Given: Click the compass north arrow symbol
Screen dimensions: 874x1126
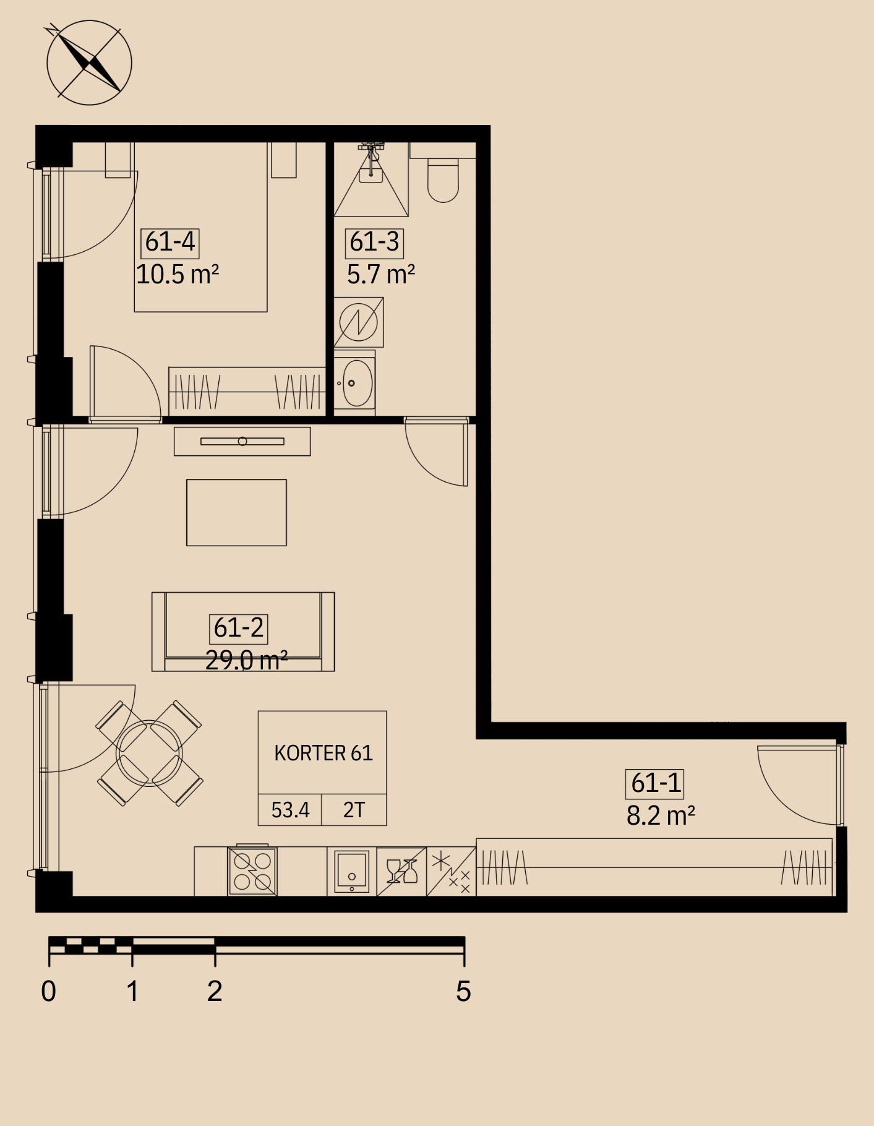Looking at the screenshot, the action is tap(89, 62).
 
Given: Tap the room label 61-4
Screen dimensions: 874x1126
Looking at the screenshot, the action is tap(170, 242).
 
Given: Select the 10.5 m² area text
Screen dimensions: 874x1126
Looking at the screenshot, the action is tap(178, 274).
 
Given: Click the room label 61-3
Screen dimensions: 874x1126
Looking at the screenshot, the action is tap(374, 242).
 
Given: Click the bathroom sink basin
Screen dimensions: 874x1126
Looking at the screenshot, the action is tap(357, 383).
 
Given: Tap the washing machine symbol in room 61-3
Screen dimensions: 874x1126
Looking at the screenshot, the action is tap(359, 322).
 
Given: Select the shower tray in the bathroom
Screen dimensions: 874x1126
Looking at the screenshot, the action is tap(371, 179).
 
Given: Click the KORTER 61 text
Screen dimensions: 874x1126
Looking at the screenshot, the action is tap(323, 753).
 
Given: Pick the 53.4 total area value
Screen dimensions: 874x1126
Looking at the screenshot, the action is tap(290, 810).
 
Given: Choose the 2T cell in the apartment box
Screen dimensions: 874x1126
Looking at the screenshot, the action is tap(354, 810).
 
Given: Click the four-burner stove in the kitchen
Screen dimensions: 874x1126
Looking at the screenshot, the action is tap(252, 871).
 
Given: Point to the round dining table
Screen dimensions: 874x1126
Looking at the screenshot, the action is tap(149, 753).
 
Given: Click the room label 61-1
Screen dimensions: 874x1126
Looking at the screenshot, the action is tap(655, 783).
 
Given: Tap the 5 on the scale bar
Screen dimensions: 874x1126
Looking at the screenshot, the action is tap(463, 991).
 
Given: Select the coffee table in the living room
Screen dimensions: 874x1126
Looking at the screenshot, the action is tap(236, 512).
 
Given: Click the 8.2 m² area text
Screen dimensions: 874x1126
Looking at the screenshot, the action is tap(661, 816).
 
